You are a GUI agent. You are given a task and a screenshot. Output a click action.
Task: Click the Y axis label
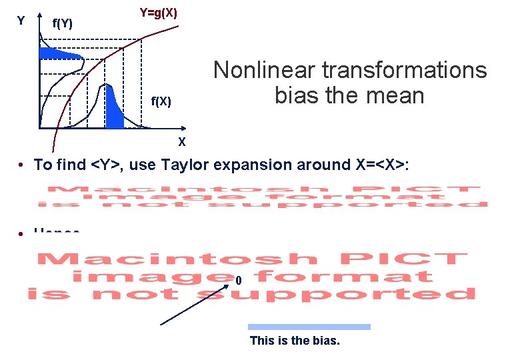[x=21, y=21]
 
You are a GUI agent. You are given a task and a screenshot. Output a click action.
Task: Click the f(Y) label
[x=63, y=25]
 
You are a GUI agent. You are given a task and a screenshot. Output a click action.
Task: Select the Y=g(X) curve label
[x=158, y=13]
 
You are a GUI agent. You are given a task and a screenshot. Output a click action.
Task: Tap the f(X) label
[x=161, y=101]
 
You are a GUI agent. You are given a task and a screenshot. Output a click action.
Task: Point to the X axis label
[x=181, y=142]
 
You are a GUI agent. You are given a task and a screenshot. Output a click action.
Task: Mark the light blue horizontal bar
[x=309, y=327]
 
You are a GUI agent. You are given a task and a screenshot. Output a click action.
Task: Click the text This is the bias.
[x=295, y=341]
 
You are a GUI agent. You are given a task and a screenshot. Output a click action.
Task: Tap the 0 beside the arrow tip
[x=238, y=281]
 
